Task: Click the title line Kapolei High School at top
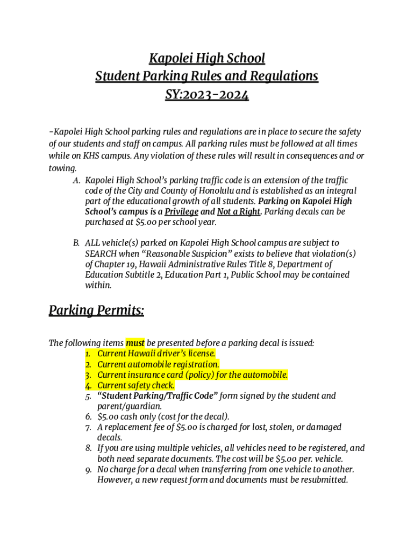click(207, 58)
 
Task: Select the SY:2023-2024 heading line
click(207, 96)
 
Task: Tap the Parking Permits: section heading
click(96, 310)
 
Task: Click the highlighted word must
click(135, 343)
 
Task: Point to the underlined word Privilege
click(181, 211)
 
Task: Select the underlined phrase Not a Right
click(239, 211)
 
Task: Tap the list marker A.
click(76, 180)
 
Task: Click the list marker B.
click(76, 243)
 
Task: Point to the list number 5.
click(88, 396)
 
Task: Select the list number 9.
click(88, 470)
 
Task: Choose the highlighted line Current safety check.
click(135, 385)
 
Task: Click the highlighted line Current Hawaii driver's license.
click(156, 354)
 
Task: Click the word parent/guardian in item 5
click(127, 406)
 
